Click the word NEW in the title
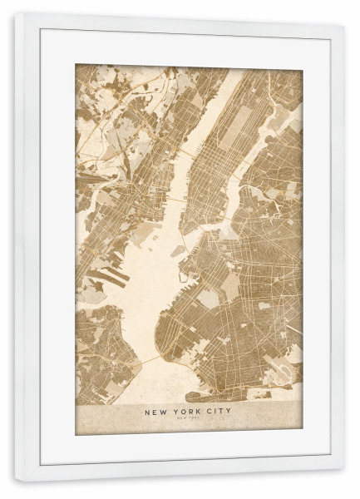156,411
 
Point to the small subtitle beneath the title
188,419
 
